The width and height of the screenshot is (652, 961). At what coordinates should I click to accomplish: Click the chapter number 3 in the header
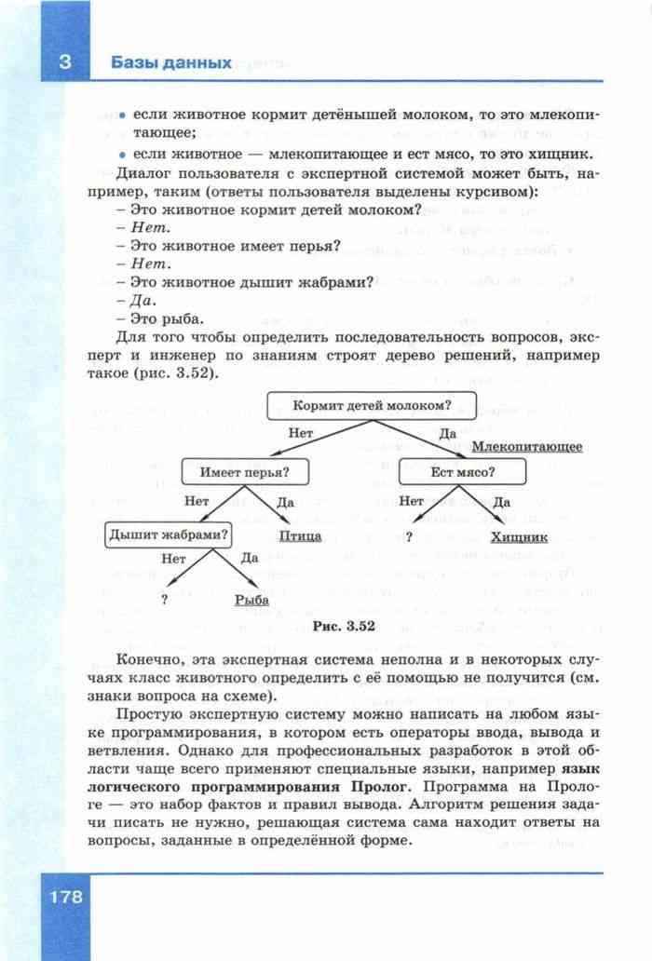pos(64,63)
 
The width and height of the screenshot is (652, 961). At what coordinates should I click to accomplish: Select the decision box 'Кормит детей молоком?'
pos(372,406)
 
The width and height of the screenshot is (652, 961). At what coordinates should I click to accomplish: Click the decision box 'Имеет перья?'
pos(245,472)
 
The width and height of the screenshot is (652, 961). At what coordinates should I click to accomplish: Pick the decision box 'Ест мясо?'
pos(463,472)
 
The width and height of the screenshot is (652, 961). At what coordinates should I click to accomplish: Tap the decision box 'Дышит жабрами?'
pos(170,535)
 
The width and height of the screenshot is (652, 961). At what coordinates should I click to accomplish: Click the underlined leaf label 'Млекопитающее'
pos(526,447)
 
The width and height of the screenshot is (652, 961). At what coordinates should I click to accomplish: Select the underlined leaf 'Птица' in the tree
pos(301,536)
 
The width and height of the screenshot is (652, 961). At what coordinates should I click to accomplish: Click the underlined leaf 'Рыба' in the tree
pos(251,601)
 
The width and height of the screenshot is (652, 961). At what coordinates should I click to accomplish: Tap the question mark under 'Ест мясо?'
pos(409,536)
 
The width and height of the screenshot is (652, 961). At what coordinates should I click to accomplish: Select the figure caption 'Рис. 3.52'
pos(344,627)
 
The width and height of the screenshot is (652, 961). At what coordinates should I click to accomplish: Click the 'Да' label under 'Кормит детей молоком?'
pos(447,433)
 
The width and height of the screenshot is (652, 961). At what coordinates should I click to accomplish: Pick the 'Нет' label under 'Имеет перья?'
pos(197,500)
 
